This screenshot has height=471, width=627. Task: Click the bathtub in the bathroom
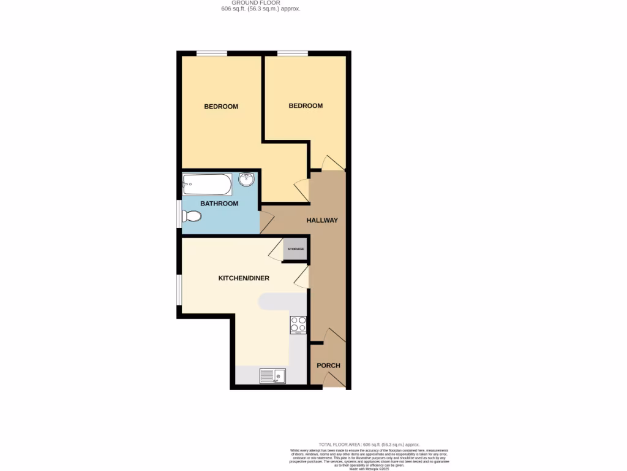tap(207, 183)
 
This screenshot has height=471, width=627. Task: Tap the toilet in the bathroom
tap(192, 216)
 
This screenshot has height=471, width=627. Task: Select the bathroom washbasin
tap(247, 180)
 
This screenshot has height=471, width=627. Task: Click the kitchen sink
tap(272, 375)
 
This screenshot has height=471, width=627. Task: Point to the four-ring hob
tap(298, 324)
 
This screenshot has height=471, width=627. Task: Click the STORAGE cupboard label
tap(296, 249)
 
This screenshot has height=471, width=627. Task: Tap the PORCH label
tap(328, 366)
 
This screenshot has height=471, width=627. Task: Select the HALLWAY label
tap(322, 220)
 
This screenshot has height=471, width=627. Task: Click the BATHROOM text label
tap(219, 204)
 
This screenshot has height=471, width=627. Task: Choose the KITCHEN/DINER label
tap(244, 278)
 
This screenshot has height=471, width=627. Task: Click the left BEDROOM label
tap(221, 107)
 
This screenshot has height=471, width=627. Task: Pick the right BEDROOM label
tap(306, 105)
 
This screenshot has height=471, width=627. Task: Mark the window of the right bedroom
tap(293, 53)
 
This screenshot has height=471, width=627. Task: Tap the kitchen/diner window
tap(179, 289)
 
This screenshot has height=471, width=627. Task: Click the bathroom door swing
tap(267, 221)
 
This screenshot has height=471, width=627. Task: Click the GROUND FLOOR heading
tap(260, 2)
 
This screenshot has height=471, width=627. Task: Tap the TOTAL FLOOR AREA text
tap(369, 444)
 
